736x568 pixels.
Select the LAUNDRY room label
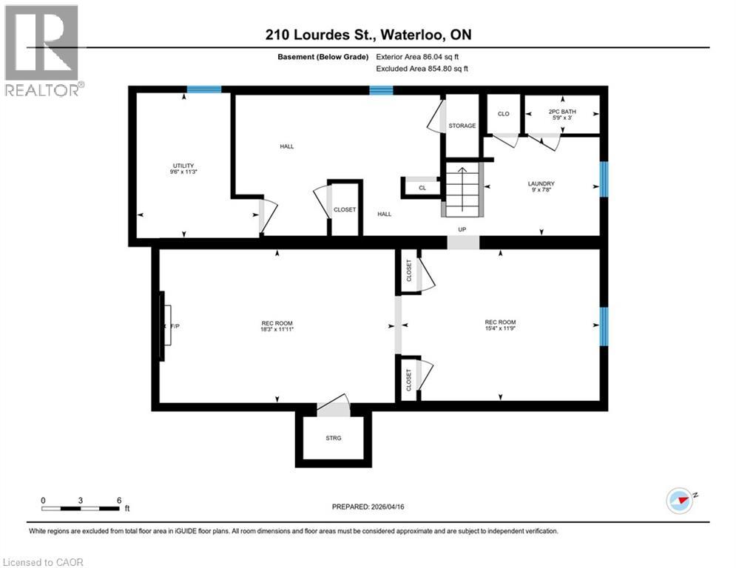[x=541, y=184]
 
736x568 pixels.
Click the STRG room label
[x=334, y=438]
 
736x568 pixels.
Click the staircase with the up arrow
[x=463, y=190]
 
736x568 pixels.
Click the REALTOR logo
[x=41, y=50]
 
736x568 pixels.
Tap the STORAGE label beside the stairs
[x=462, y=126]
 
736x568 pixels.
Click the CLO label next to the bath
[x=503, y=114]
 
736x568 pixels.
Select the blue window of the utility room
[x=203, y=89]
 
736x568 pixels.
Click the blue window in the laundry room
[x=604, y=179]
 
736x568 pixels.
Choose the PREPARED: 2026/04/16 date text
[x=369, y=507]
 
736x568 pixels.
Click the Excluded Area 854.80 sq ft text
[x=422, y=68]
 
